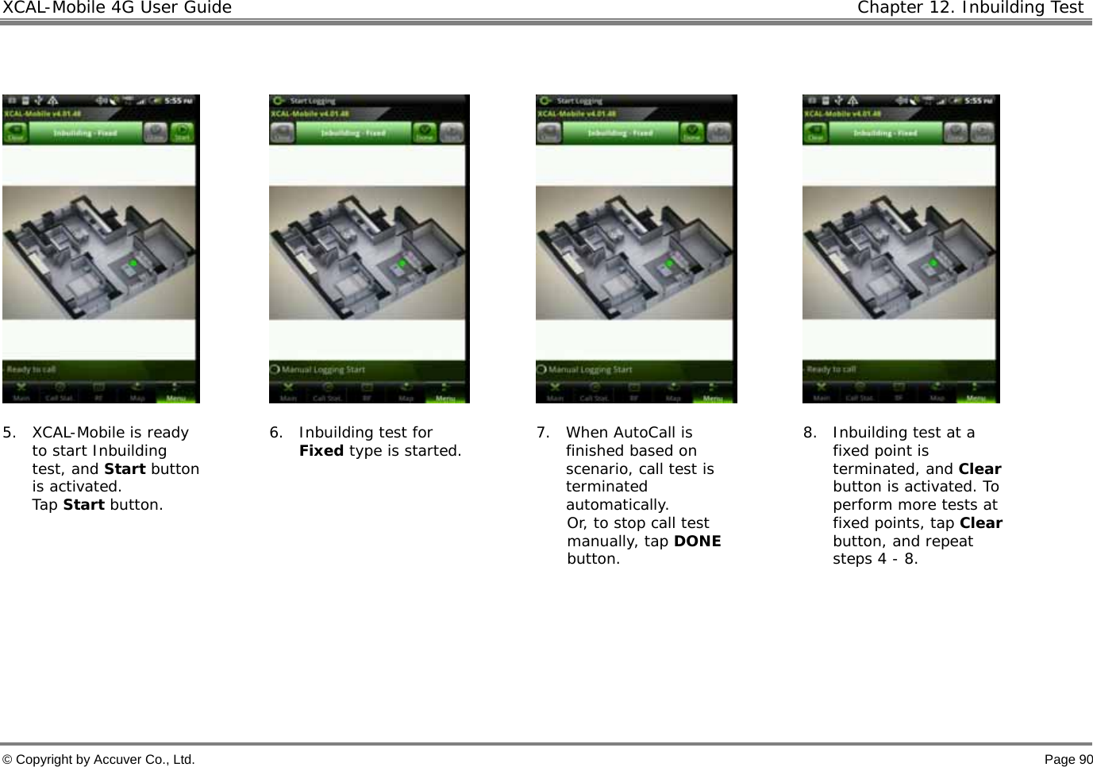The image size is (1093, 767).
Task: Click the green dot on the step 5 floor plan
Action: click(x=133, y=263)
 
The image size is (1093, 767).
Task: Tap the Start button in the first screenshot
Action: click(x=183, y=132)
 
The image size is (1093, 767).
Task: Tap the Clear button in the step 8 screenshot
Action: click(x=815, y=133)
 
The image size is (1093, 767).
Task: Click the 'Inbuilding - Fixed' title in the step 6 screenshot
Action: click(x=352, y=133)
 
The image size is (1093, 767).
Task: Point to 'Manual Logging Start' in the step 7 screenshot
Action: click(x=588, y=369)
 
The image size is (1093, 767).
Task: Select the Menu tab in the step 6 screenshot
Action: click(x=446, y=396)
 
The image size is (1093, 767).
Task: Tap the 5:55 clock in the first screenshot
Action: click(x=173, y=102)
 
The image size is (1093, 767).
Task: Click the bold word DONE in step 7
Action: click(x=697, y=542)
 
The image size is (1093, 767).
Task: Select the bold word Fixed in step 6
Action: click(x=321, y=451)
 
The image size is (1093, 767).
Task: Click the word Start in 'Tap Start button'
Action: click(x=83, y=505)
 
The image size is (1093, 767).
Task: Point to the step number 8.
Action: click(x=809, y=433)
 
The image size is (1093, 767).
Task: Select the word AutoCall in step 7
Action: click(x=642, y=433)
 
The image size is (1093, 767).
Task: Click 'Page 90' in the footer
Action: click(x=1068, y=760)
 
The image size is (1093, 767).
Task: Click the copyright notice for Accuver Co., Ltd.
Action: click(x=98, y=760)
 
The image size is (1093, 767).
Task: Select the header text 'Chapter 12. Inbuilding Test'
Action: click(x=970, y=8)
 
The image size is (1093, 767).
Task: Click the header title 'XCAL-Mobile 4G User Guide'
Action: click(x=117, y=8)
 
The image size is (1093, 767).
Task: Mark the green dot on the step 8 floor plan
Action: click(x=933, y=263)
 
